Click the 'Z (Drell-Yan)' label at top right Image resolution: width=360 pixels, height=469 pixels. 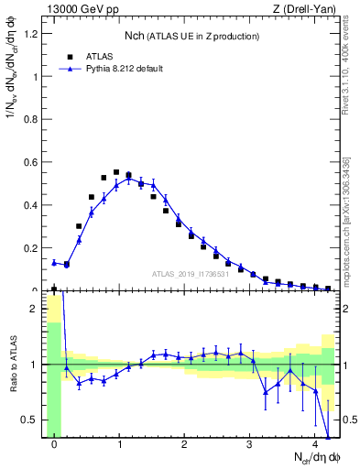305,10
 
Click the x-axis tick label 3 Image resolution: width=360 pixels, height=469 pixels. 249,445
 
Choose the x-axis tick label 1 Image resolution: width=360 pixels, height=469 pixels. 119,445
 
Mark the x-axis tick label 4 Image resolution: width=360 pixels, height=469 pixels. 314,445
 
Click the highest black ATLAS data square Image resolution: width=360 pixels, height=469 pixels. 116,172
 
